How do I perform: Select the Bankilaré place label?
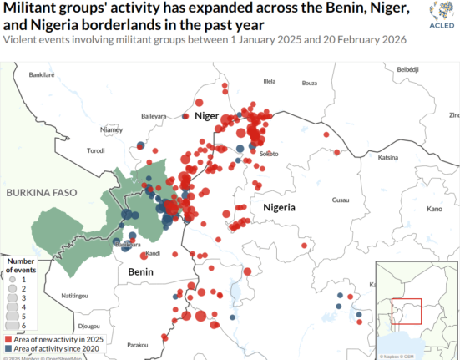(41, 74)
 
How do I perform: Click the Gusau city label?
(341, 200)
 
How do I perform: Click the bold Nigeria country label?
(281, 206)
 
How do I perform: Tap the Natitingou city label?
(73, 296)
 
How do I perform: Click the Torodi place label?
(96, 151)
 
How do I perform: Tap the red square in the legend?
(7, 339)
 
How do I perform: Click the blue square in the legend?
(7, 348)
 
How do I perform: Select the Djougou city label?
(88, 325)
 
